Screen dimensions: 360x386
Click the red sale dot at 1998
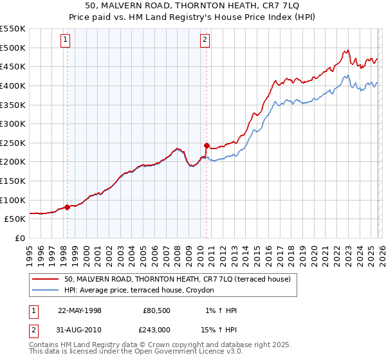[67, 207]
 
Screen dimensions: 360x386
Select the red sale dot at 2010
[207, 145]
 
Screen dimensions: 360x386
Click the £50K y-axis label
[14, 219]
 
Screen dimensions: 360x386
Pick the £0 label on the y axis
[19, 238]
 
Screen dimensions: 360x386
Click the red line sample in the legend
[45, 279]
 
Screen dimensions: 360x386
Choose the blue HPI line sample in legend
[45, 291]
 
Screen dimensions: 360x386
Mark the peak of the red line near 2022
[347, 50]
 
